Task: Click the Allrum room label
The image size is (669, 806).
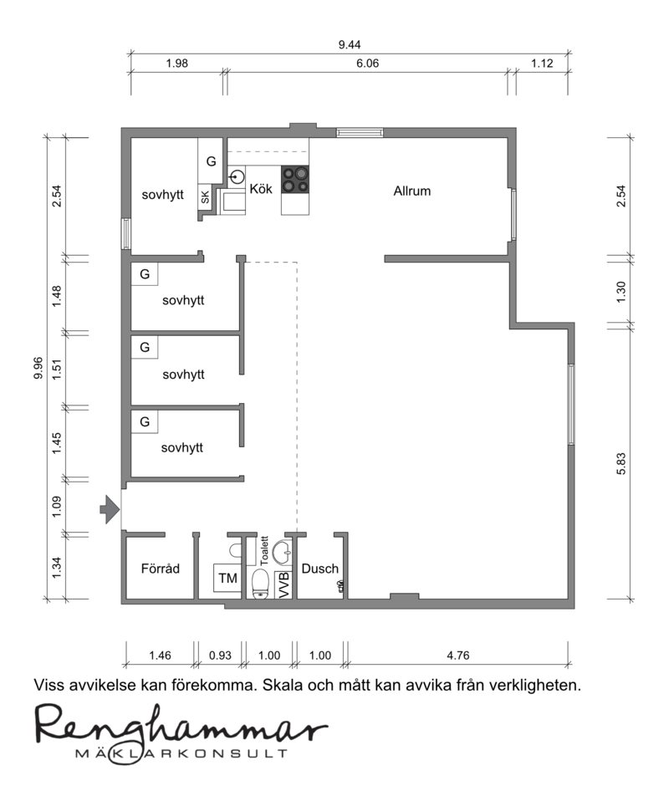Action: (x=412, y=191)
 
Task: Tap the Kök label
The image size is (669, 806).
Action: (x=261, y=189)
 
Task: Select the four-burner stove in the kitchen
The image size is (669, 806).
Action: (x=295, y=180)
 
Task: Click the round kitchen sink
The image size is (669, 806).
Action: (x=237, y=177)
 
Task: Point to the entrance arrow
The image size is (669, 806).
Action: (x=110, y=509)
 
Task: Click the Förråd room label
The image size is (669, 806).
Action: (x=161, y=569)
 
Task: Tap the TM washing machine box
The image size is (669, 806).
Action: (x=227, y=578)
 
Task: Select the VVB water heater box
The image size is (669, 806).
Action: (x=284, y=584)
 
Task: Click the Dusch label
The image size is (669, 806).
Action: (x=319, y=569)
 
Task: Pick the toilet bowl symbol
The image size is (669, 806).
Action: (x=262, y=584)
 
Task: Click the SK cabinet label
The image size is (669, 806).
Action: (x=205, y=196)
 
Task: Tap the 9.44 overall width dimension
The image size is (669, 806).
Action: (x=350, y=44)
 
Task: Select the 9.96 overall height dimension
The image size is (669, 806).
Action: (x=38, y=369)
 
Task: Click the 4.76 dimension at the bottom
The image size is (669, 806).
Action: (x=458, y=656)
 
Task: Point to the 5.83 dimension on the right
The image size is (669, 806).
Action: (x=621, y=463)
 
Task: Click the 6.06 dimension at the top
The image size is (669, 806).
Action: (x=368, y=64)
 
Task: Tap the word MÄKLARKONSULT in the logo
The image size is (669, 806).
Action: (x=181, y=753)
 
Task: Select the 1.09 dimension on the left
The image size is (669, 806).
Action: (x=57, y=507)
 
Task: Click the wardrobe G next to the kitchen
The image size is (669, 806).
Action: (x=211, y=161)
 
